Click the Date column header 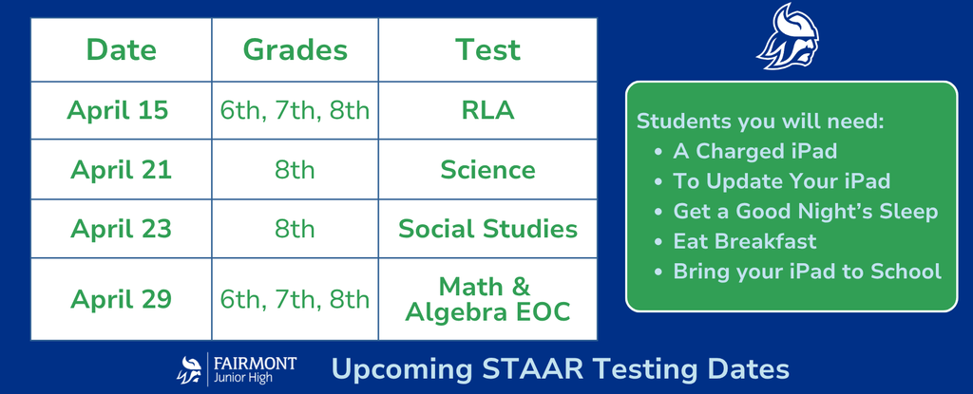pos(121,49)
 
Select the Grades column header pos(295,49)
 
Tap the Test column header pos(487,49)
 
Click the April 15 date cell pos(118,110)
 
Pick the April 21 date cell pos(121,170)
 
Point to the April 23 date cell pos(121,229)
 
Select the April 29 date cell pos(121,300)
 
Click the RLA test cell pos(487,110)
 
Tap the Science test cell pos(487,170)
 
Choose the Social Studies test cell pos(487,229)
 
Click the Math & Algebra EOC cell pos(487,299)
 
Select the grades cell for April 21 pos(295,170)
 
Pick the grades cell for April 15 pos(295,110)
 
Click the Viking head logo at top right pos(791,38)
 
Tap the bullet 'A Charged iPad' pos(754,151)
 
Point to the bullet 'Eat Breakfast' pos(745,241)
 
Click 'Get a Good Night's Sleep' pos(805,211)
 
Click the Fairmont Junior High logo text pos(252,369)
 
